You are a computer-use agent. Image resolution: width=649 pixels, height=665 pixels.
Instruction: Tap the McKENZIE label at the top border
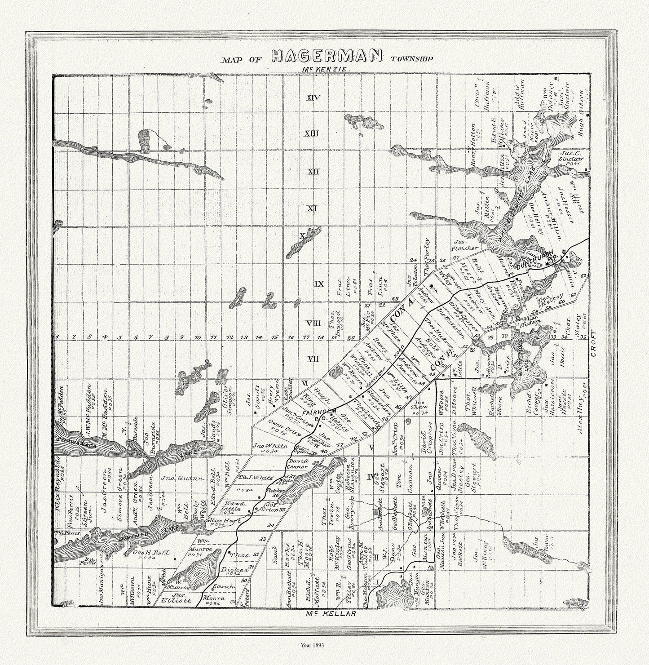[322, 70]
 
